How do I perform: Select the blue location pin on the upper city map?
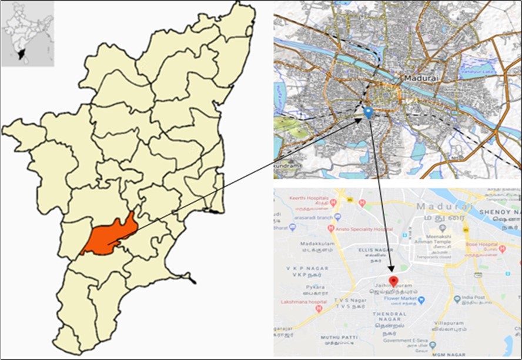(368, 112)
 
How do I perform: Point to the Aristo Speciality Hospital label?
(367, 228)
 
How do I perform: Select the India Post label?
(475, 299)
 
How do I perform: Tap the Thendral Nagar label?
(390, 315)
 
